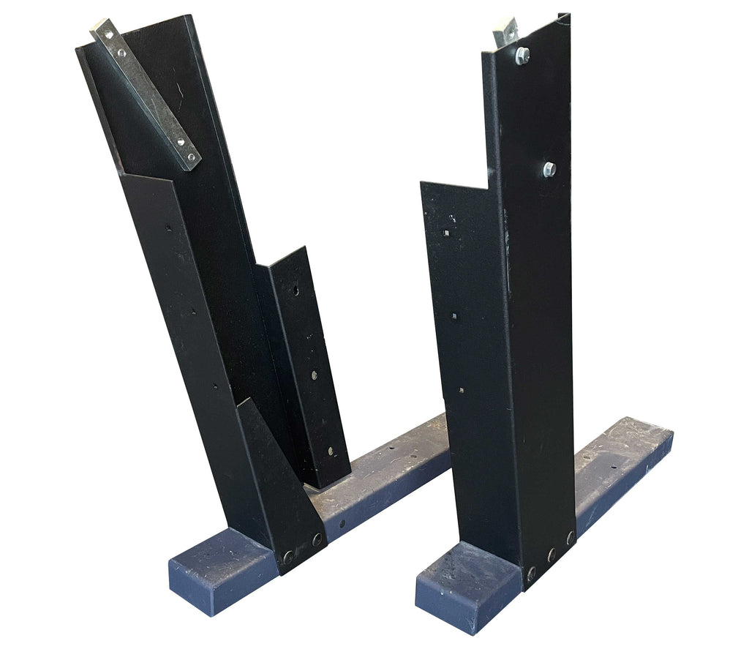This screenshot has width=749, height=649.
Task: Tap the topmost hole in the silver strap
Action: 107,34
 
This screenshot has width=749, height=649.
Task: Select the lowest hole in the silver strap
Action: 192,157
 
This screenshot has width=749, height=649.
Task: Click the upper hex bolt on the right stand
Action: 522,56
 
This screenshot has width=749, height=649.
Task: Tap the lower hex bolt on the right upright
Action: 549,169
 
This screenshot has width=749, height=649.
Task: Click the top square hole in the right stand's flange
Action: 445,234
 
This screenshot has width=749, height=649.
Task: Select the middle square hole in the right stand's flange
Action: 454,315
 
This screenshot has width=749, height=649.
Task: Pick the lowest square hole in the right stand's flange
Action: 462,390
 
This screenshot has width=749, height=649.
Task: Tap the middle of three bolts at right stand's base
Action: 552,555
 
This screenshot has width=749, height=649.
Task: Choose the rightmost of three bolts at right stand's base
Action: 571,538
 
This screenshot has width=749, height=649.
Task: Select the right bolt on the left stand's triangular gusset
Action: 317,540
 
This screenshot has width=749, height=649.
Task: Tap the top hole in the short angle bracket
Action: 296,290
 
